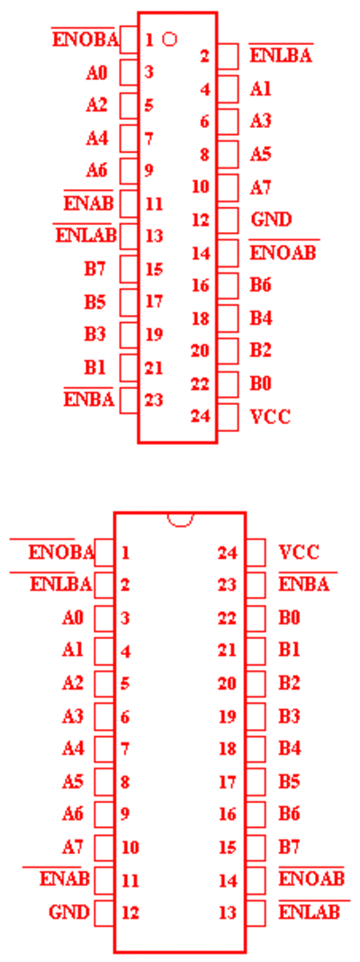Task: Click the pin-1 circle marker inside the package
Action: (x=170, y=40)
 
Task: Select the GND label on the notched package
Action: (x=68, y=912)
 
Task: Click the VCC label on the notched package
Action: (x=299, y=553)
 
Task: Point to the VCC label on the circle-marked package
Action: (x=271, y=418)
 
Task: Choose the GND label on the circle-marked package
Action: (x=271, y=220)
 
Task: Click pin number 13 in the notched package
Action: (x=227, y=913)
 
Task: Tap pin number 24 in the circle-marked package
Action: (x=201, y=417)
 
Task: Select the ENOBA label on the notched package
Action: (x=61, y=553)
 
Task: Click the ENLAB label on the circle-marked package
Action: (x=85, y=236)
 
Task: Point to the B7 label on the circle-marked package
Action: (x=95, y=269)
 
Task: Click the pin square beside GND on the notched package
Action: (x=104, y=913)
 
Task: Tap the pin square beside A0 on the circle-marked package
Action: (x=129, y=72)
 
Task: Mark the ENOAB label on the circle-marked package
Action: (x=283, y=252)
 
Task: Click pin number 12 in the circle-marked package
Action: (x=201, y=220)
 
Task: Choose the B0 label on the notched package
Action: (x=290, y=617)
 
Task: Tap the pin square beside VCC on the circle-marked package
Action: (x=228, y=418)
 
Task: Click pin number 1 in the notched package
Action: (x=125, y=553)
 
